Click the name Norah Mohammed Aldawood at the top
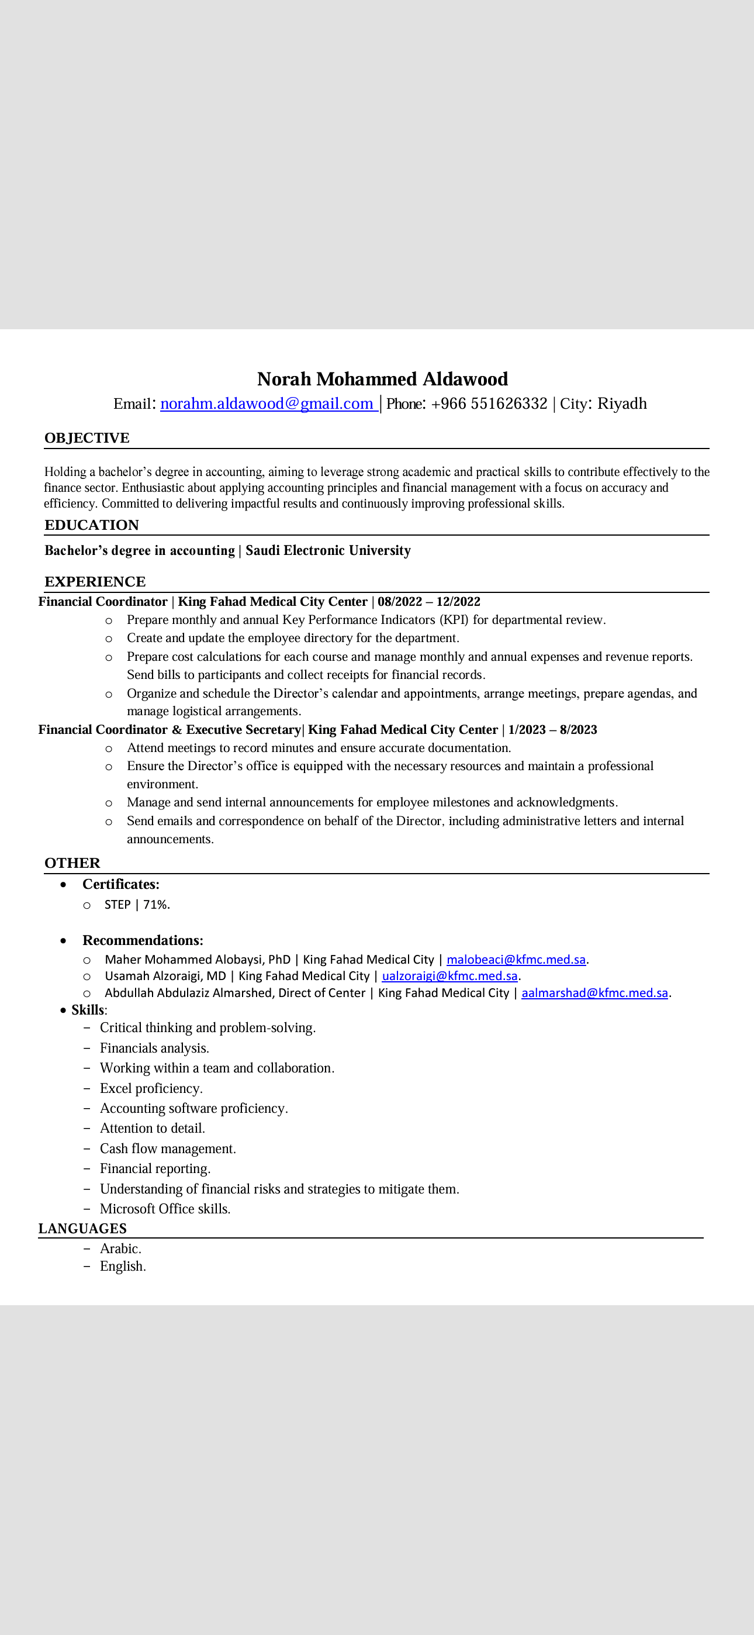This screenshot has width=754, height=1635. [x=382, y=379]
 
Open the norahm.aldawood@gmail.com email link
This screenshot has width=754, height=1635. [x=267, y=403]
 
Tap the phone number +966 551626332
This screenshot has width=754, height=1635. [x=489, y=403]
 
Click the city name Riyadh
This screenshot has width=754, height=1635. [x=622, y=403]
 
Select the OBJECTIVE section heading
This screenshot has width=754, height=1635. [x=87, y=438]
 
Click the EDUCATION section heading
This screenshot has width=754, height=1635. [x=91, y=525]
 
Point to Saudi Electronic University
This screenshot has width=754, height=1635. [x=328, y=550]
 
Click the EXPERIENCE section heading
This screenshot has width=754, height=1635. [x=95, y=581]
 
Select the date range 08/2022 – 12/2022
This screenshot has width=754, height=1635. [x=429, y=602]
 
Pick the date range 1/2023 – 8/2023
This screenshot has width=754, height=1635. [x=552, y=730]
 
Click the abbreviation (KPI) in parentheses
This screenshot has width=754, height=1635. [x=454, y=620]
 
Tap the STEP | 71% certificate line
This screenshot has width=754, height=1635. [x=137, y=905]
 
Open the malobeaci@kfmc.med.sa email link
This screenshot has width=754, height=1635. [x=516, y=960]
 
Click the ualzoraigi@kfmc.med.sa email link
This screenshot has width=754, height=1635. [x=449, y=976]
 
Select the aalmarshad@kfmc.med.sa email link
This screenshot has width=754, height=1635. [x=594, y=993]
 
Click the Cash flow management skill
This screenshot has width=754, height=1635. [x=168, y=1149]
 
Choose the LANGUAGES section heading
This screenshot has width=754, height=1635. [x=82, y=1229]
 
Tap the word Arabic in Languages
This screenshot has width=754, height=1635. [x=120, y=1248]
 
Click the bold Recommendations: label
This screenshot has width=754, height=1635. [x=143, y=941]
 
